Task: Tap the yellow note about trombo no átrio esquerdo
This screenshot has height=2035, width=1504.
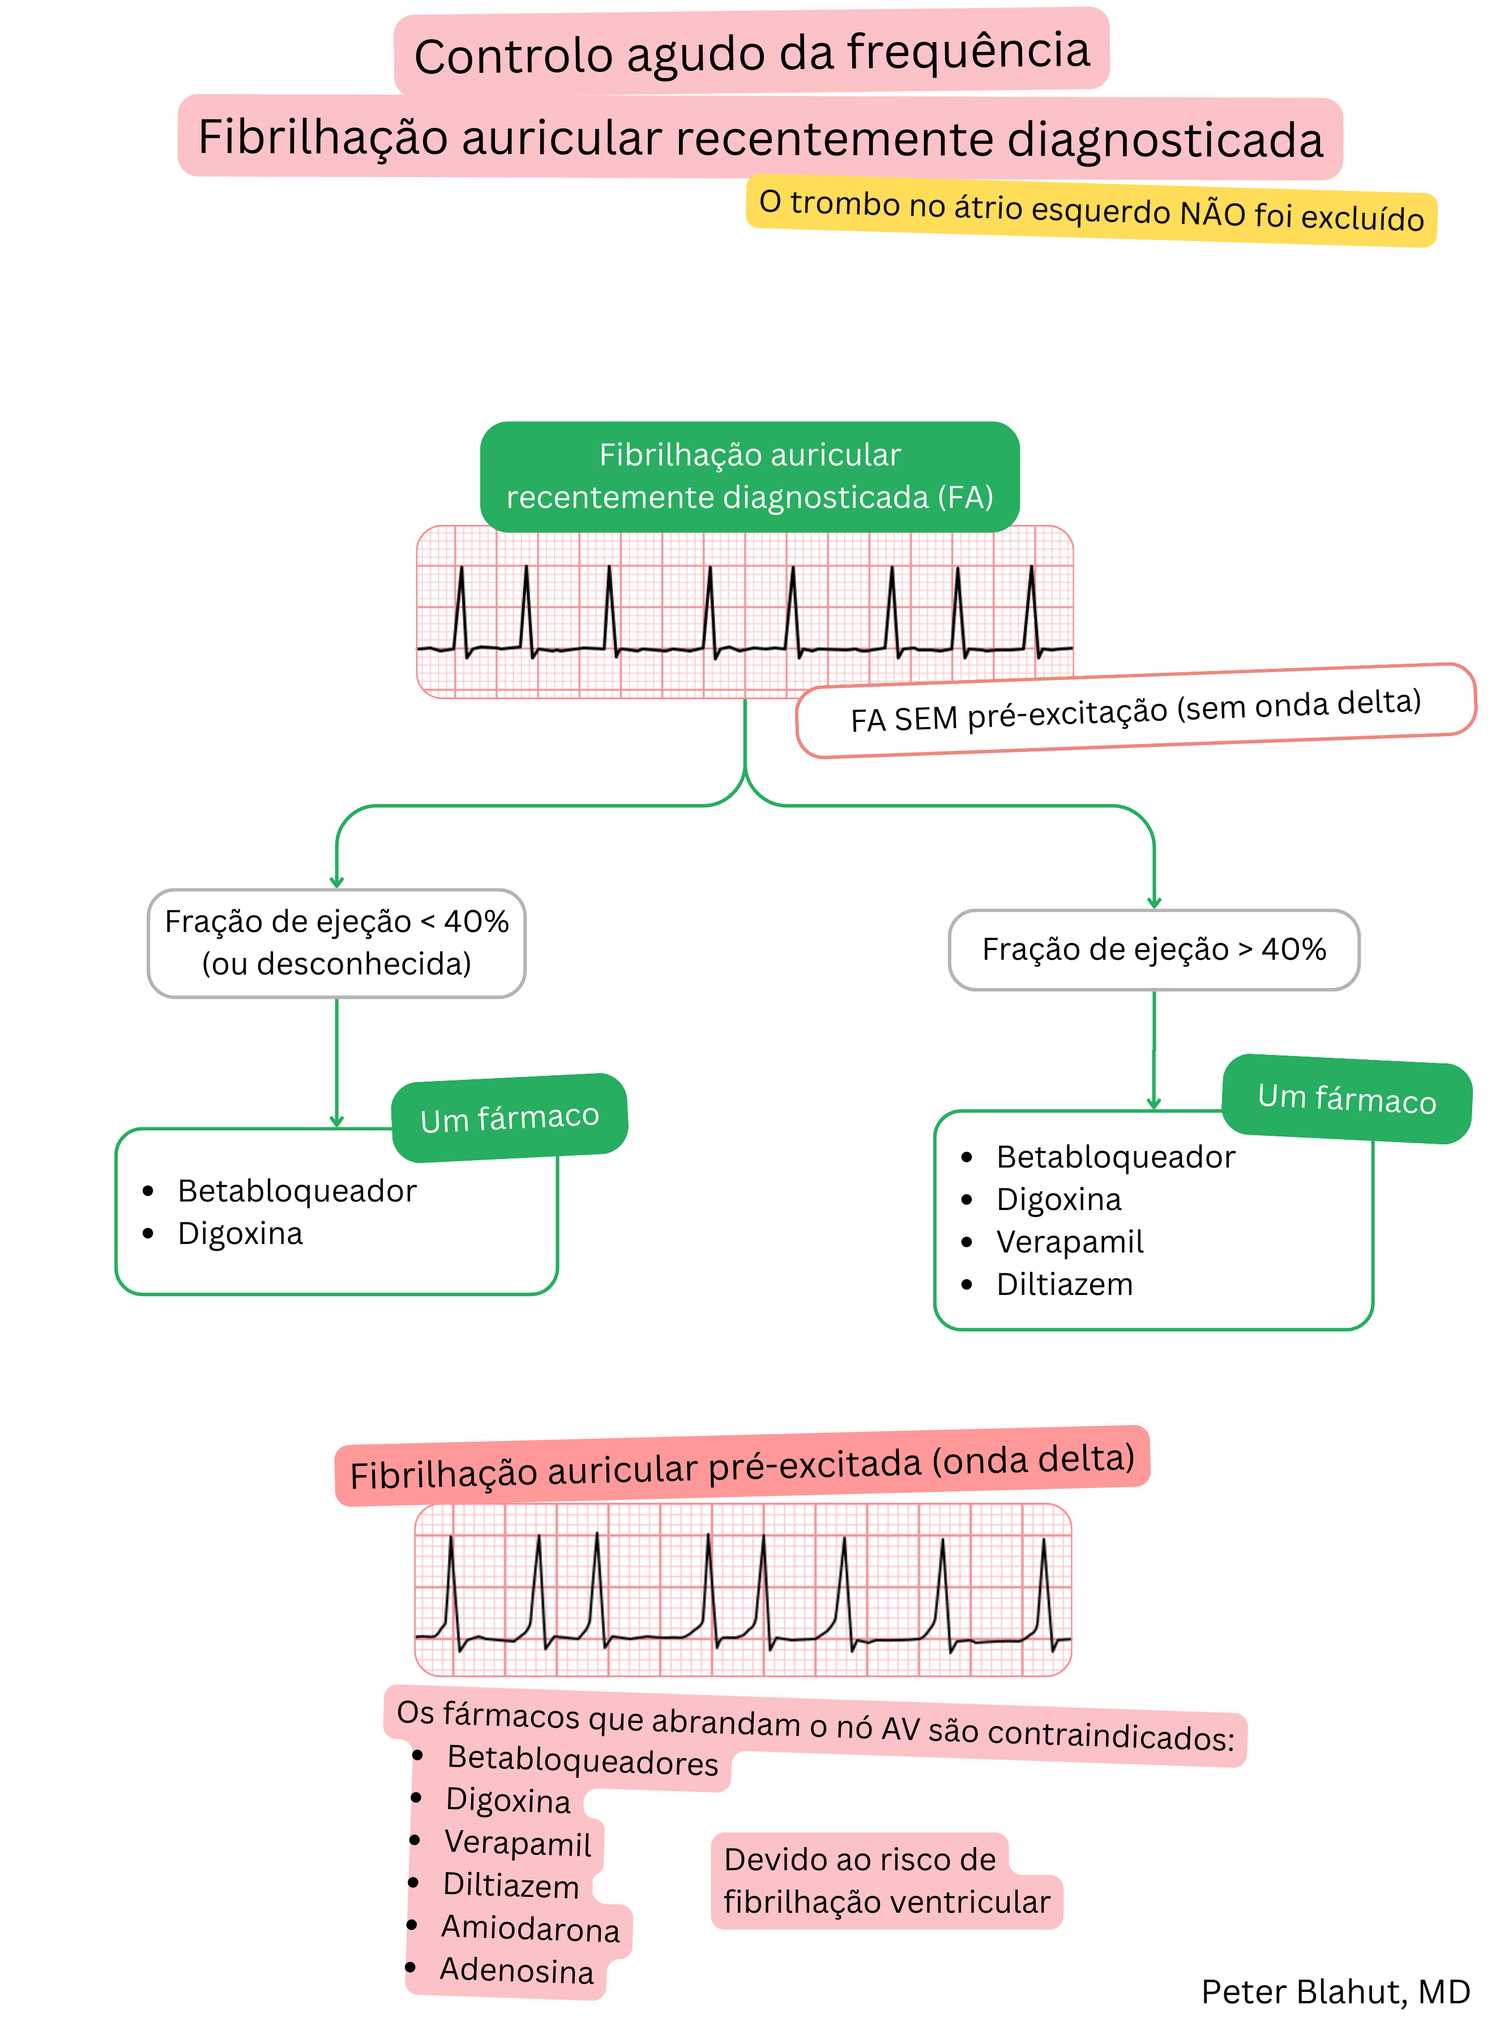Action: [1091, 210]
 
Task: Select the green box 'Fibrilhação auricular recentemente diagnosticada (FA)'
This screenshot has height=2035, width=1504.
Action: [749, 476]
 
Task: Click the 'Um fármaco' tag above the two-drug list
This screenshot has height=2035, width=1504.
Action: [509, 1118]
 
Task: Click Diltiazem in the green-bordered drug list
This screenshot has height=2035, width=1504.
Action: [1063, 1284]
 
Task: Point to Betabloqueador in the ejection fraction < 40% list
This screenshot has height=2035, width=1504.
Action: [297, 1190]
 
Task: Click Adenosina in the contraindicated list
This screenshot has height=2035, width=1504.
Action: [516, 1970]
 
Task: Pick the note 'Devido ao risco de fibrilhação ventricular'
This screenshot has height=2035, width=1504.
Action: [885, 1880]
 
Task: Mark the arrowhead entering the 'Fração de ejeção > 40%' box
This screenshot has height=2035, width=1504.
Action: [1153, 903]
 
